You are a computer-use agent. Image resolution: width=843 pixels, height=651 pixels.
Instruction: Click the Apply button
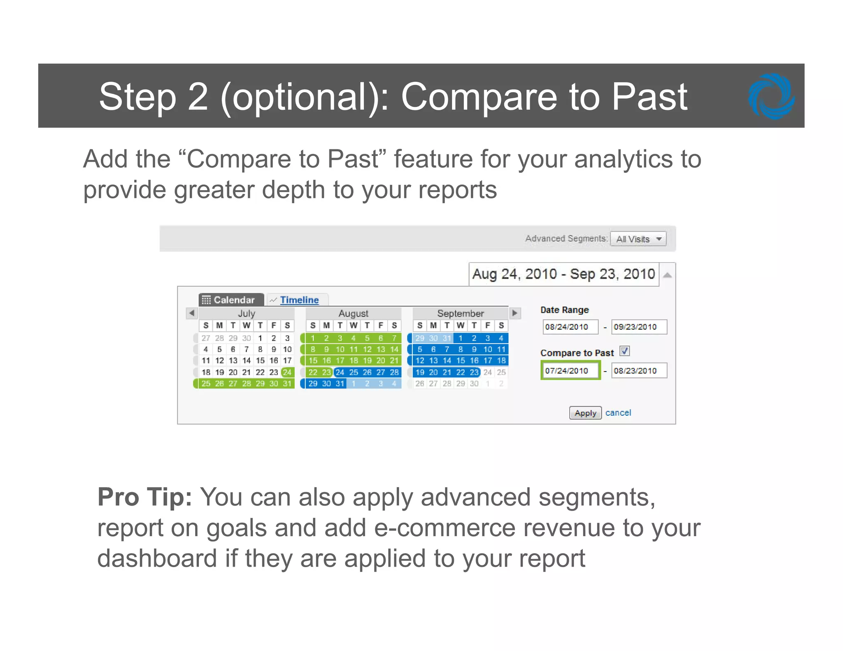click(585, 413)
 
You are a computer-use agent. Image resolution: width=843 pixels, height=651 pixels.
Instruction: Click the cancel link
click(618, 413)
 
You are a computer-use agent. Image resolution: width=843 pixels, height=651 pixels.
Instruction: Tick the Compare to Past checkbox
click(624, 351)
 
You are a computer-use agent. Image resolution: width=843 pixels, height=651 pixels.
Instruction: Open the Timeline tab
click(299, 300)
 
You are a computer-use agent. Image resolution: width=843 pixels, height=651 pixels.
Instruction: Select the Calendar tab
click(231, 300)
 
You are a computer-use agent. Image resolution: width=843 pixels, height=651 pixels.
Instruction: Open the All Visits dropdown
click(638, 239)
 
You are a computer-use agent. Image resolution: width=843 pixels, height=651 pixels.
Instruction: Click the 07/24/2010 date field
click(570, 370)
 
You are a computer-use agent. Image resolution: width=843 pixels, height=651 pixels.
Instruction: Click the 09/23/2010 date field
click(638, 327)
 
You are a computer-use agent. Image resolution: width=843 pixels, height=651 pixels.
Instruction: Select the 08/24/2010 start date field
click(570, 327)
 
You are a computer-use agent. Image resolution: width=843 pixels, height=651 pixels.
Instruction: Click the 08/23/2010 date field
click(638, 370)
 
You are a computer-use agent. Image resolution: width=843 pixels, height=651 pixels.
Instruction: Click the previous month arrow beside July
click(191, 313)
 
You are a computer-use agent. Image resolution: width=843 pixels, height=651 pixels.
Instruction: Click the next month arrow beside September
click(515, 313)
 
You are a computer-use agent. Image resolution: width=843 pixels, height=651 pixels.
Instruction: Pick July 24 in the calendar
click(287, 372)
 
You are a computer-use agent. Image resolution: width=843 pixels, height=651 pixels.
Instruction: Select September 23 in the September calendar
click(474, 372)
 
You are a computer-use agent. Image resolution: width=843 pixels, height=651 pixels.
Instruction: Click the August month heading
click(353, 314)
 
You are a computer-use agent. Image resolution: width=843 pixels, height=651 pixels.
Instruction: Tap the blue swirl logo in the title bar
click(771, 96)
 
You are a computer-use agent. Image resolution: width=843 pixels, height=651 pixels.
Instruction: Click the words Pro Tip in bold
click(144, 497)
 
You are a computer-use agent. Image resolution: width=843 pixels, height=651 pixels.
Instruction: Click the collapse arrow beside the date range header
click(667, 275)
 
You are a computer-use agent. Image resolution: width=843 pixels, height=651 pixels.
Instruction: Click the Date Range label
click(564, 310)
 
